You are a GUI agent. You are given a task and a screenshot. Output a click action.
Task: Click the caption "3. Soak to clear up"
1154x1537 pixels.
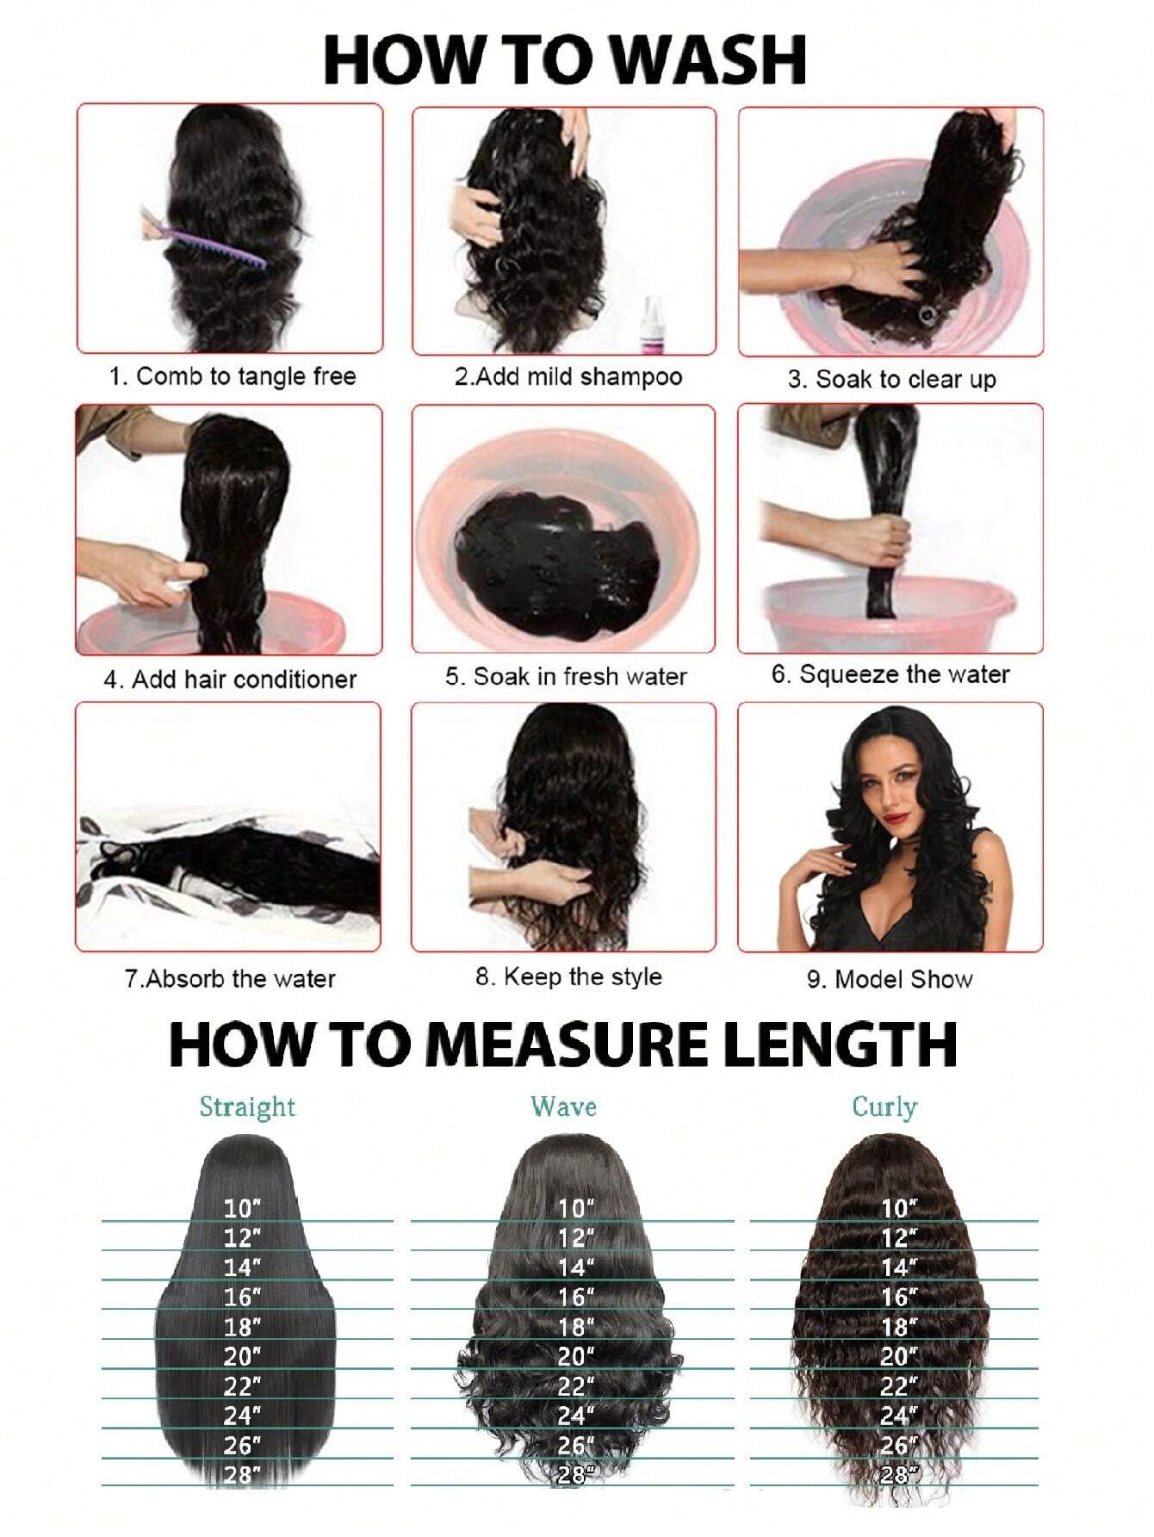(x=891, y=380)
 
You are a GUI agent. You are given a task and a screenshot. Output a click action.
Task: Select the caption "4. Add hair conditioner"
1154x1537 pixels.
(x=230, y=679)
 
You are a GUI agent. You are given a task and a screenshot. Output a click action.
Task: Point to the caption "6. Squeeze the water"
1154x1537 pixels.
(x=890, y=674)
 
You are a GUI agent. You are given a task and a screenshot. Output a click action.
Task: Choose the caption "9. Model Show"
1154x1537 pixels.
(x=890, y=979)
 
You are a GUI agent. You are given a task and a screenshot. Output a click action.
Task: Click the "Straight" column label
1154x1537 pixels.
(x=247, y=1106)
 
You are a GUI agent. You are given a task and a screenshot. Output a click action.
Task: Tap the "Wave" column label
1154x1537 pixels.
(x=563, y=1106)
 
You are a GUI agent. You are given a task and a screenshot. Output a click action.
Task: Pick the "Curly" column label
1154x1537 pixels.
(x=884, y=1106)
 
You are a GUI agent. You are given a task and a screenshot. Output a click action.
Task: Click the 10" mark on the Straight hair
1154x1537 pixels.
(x=242, y=1208)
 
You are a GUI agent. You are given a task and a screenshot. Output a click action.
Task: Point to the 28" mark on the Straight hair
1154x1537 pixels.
(x=242, y=1474)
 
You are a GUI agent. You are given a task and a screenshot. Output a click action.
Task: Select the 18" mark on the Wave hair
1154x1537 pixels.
(x=576, y=1326)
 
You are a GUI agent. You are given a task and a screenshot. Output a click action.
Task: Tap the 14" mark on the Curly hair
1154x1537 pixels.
(x=899, y=1267)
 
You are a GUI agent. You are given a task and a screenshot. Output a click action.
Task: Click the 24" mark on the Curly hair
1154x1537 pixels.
(x=899, y=1415)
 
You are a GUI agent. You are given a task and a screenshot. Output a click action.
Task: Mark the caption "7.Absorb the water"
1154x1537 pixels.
(x=230, y=979)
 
